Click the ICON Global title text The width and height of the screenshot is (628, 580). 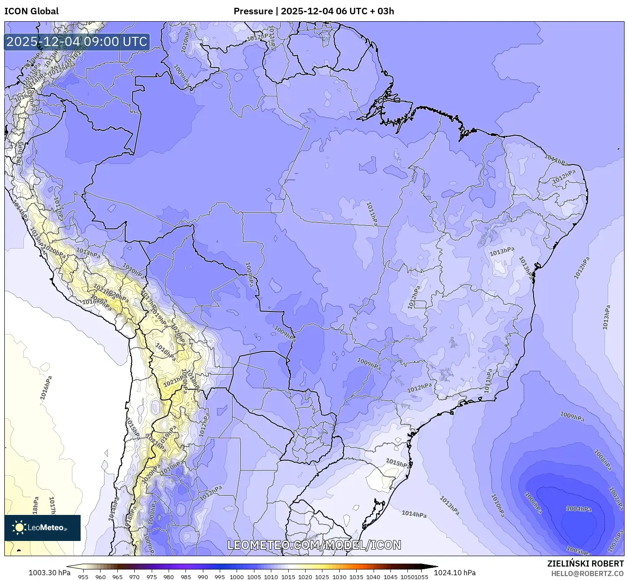pyautogui.click(x=31, y=11)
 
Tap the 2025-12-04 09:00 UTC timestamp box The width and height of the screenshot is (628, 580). pyautogui.click(x=77, y=42)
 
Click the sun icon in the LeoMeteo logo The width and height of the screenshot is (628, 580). pyautogui.click(x=19, y=528)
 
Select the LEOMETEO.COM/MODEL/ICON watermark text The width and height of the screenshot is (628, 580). pyautogui.click(x=314, y=545)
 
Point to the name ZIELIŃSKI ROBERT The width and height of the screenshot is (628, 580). pyautogui.click(x=585, y=564)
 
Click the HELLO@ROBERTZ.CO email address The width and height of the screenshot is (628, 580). pyautogui.click(x=587, y=573)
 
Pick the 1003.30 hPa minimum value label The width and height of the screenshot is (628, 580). pyautogui.click(x=49, y=573)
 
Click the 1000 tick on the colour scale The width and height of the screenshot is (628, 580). pyautogui.click(x=237, y=577)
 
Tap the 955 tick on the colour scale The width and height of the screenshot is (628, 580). pyautogui.click(x=83, y=577)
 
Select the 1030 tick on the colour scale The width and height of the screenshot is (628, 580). pyautogui.click(x=339, y=577)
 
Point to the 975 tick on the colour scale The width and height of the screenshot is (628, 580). pyautogui.click(x=151, y=577)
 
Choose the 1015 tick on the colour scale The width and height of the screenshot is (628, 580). pyautogui.click(x=288, y=577)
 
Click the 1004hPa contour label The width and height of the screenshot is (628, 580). pyautogui.click(x=579, y=509)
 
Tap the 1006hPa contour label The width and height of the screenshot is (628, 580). pyautogui.click(x=533, y=503)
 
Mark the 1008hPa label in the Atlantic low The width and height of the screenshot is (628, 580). pyautogui.click(x=602, y=460)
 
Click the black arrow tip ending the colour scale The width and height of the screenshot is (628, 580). pyautogui.click(x=435, y=566)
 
